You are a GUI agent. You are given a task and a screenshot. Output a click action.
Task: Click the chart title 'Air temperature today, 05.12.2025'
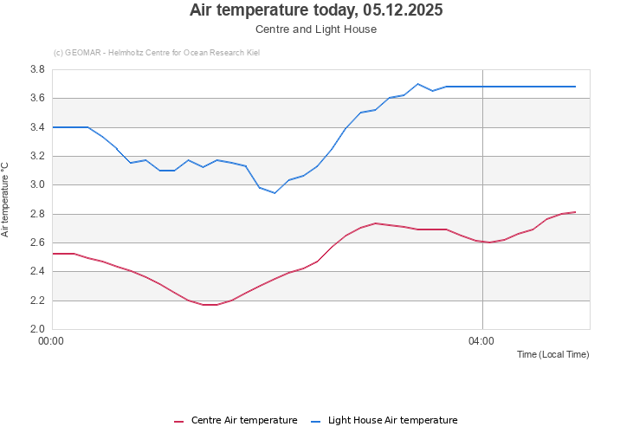(x=316, y=10)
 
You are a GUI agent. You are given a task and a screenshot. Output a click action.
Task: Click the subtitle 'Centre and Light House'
(x=316, y=29)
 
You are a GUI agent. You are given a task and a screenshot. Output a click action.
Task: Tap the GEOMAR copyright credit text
(x=156, y=53)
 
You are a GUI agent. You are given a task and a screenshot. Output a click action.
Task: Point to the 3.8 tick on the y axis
(x=37, y=69)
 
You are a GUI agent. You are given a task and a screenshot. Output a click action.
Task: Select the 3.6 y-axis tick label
(x=37, y=99)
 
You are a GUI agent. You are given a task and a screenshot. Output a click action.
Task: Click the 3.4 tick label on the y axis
(x=37, y=127)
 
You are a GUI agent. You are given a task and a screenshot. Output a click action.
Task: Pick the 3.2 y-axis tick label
(x=37, y=157)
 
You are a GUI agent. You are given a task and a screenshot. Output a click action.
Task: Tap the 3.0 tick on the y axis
(x=37, y=185)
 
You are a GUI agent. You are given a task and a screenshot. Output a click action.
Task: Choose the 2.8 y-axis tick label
(x=37, y=214)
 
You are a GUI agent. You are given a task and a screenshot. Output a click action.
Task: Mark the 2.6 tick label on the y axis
(x=37, y=243)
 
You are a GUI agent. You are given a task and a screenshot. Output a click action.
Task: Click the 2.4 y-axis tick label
(x=37, y=272)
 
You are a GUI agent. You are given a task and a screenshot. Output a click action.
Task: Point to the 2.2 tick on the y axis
(x=37, y=301)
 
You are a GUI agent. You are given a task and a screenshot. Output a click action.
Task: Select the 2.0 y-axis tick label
(x=37, y=329)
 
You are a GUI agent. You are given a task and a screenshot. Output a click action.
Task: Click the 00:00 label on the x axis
(x=52, y=341)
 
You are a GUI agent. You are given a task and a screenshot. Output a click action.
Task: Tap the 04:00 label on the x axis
(x=481, y=341)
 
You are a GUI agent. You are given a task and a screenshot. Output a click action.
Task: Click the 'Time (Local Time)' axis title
(x=552, y=355)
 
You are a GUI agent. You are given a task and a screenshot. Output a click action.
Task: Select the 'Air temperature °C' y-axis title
(x=5, y=199)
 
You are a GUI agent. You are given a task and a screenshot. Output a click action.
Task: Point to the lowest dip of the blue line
(x=275, y=192)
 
